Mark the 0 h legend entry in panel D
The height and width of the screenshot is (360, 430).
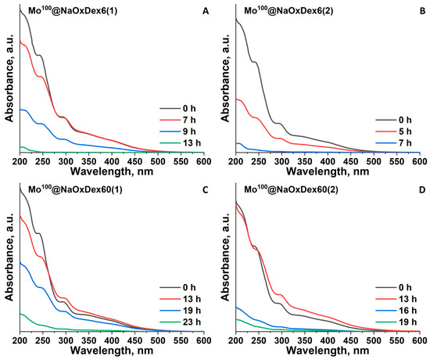(396, 287)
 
